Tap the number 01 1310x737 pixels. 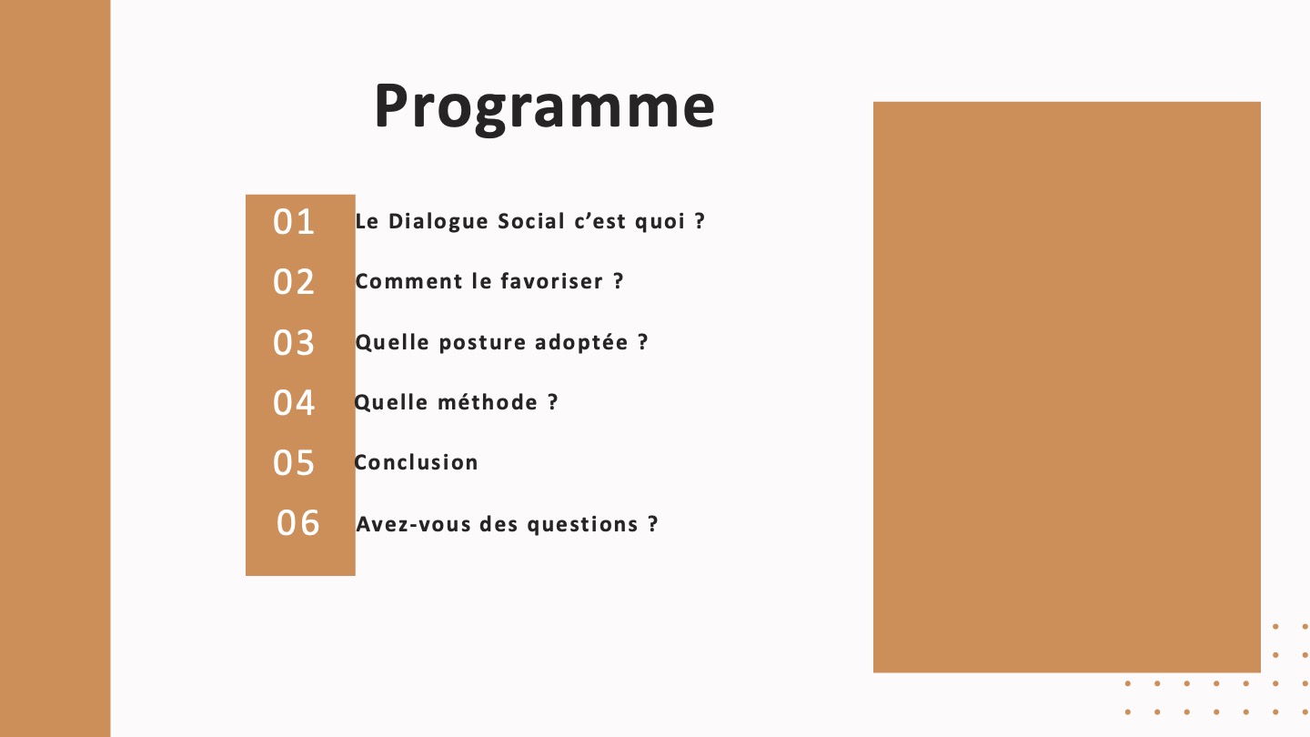click(x=294, y=222)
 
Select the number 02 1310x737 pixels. click(x=294, y=282)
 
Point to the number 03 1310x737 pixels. click(x=294, y=343)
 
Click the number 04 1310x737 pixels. click(x=294, y=403)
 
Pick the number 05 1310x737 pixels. click(x=294, y=463)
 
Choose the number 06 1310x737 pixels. click(x=297, y=523)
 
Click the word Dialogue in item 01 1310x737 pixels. click(x=438, y=222)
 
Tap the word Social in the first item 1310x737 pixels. click(x=531, y=221)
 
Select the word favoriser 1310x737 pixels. click(x=551, y=281)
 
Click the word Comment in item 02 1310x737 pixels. click(x=408, y=282)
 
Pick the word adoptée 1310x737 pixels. click(x=581, y=342)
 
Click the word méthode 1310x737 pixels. click(x=488, y=402)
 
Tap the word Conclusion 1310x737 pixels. click(x=416, y=462)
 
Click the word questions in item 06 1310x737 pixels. click(x=582, y=525)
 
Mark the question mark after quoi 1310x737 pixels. click(x=700, y=221)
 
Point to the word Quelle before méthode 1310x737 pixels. click(x=391, y=402)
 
